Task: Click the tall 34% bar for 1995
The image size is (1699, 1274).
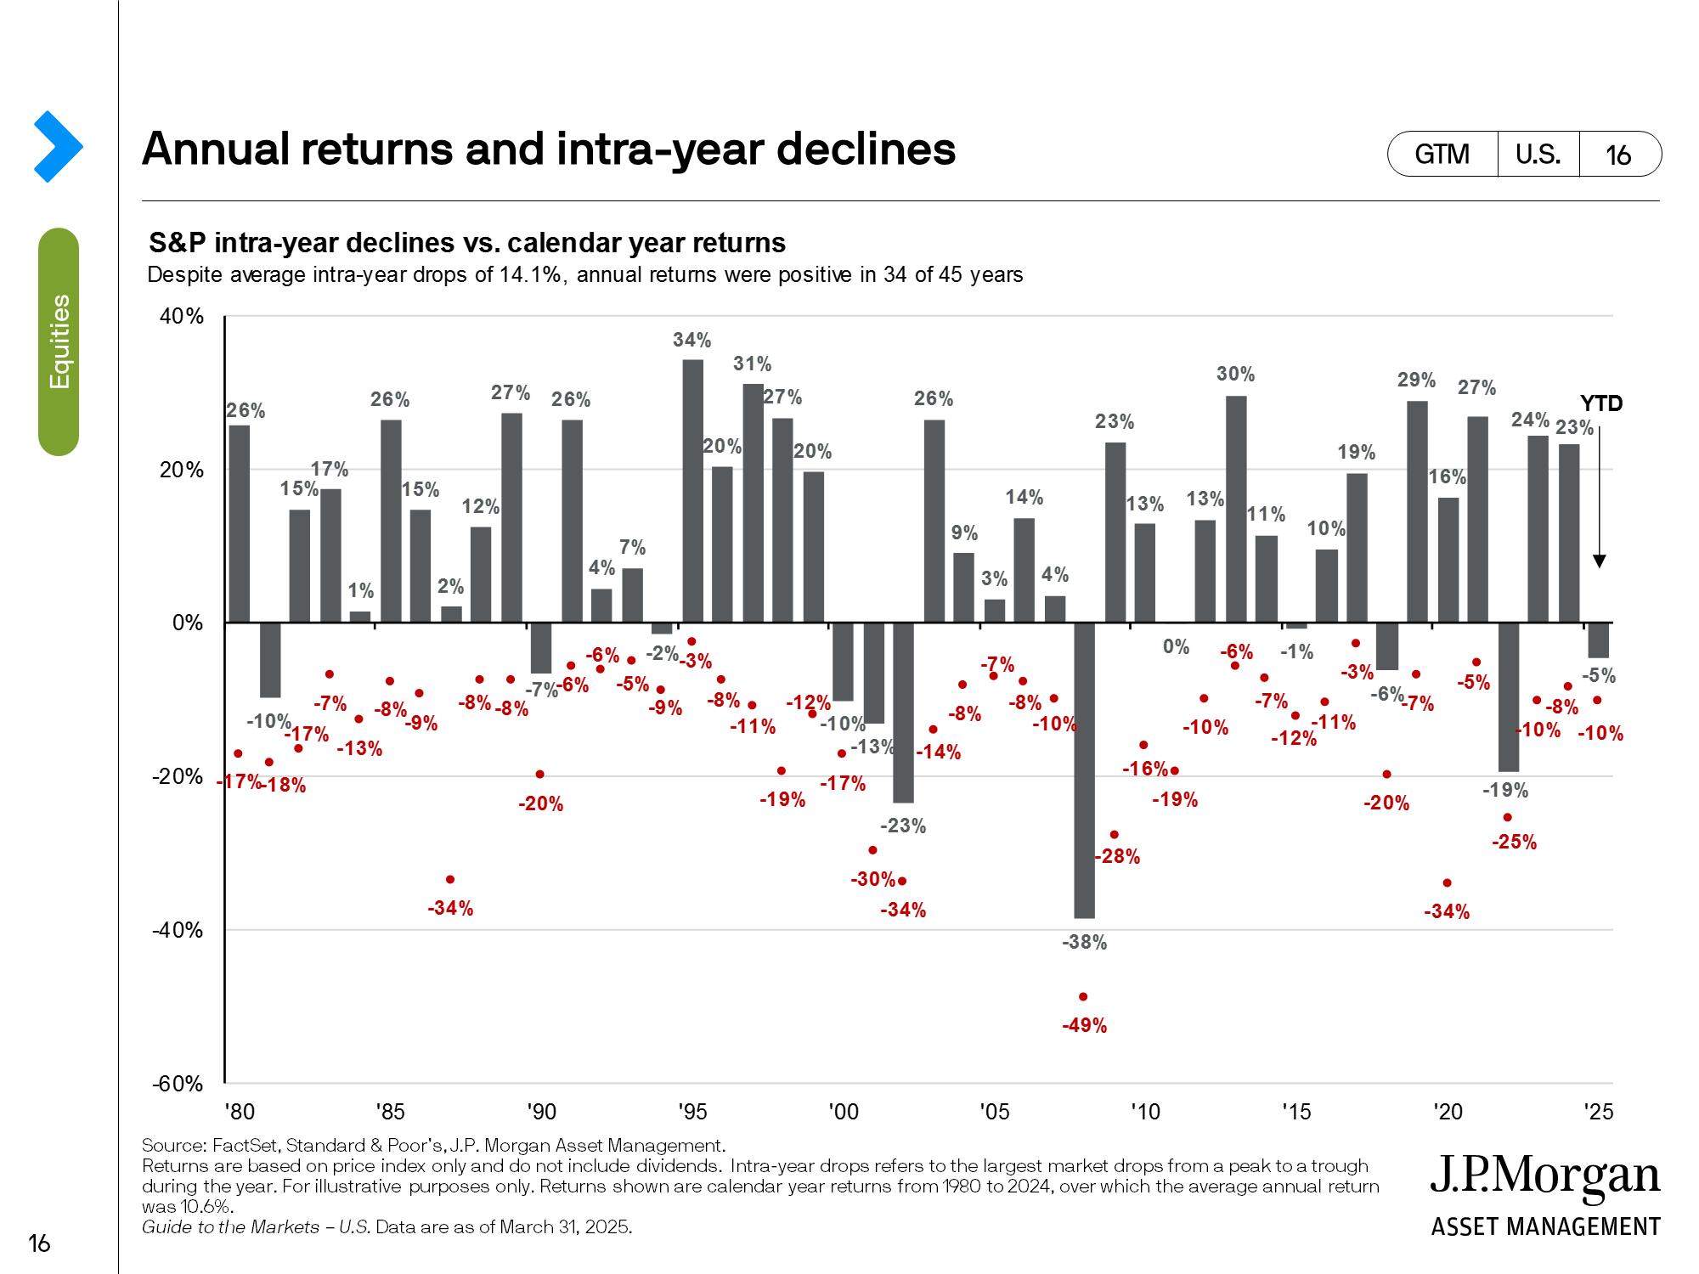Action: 692,491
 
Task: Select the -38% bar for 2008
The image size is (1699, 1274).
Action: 1084,769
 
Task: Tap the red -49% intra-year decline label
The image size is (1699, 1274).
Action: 1084,1025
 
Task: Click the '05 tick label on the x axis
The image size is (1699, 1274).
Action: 994,1112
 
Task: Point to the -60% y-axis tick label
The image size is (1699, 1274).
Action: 178,1084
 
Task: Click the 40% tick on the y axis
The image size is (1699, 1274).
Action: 182,316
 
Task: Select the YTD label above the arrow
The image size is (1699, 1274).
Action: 1600,403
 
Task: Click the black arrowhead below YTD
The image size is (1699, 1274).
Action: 1599,561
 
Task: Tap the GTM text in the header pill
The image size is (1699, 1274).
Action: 1442,155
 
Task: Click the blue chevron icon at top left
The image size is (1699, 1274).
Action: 58,146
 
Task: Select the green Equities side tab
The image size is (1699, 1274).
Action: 59,341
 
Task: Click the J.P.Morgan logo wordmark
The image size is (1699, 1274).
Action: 1544,1176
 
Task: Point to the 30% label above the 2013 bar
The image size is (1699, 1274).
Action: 1235,374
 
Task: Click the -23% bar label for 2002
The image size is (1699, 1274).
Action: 902,826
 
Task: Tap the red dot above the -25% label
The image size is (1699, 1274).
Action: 1507,817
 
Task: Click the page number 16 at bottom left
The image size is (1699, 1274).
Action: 39,1243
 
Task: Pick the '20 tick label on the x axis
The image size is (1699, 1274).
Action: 1448,1112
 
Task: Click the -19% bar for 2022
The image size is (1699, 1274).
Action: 1508,696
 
